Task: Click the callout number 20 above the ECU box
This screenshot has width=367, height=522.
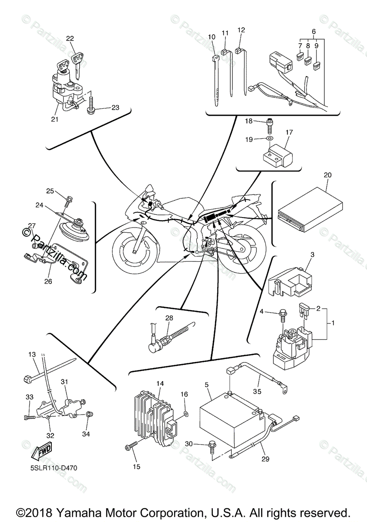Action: click(x=328, y=174)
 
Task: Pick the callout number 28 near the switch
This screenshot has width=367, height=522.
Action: click(x=169, y=318)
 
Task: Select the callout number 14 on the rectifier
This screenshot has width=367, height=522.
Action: click(x=160, y=384)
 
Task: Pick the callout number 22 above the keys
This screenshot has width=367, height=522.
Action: click(x=70, y=38)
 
